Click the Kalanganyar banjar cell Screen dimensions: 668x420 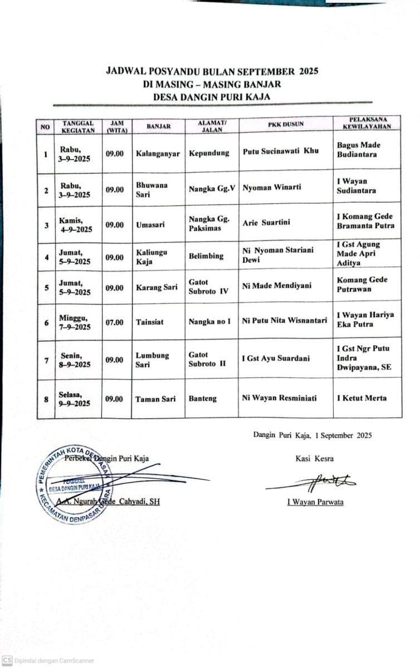158,154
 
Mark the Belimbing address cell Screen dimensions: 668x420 206,256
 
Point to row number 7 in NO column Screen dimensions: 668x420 46,360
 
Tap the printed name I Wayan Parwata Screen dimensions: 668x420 315,502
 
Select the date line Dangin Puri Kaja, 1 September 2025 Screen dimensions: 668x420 312,435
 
